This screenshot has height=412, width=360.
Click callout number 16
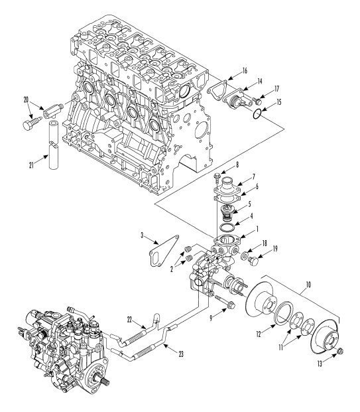[245, 71]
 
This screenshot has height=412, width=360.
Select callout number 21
[32, 165]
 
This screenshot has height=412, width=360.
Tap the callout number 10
[308, 285]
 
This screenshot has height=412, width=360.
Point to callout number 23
[181, 354]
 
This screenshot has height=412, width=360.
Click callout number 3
[142, 235]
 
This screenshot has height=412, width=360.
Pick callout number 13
[320, 364]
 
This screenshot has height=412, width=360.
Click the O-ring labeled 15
[257, 114]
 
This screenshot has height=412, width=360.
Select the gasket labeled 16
[217, 88]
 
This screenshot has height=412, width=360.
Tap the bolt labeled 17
[257, 101]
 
